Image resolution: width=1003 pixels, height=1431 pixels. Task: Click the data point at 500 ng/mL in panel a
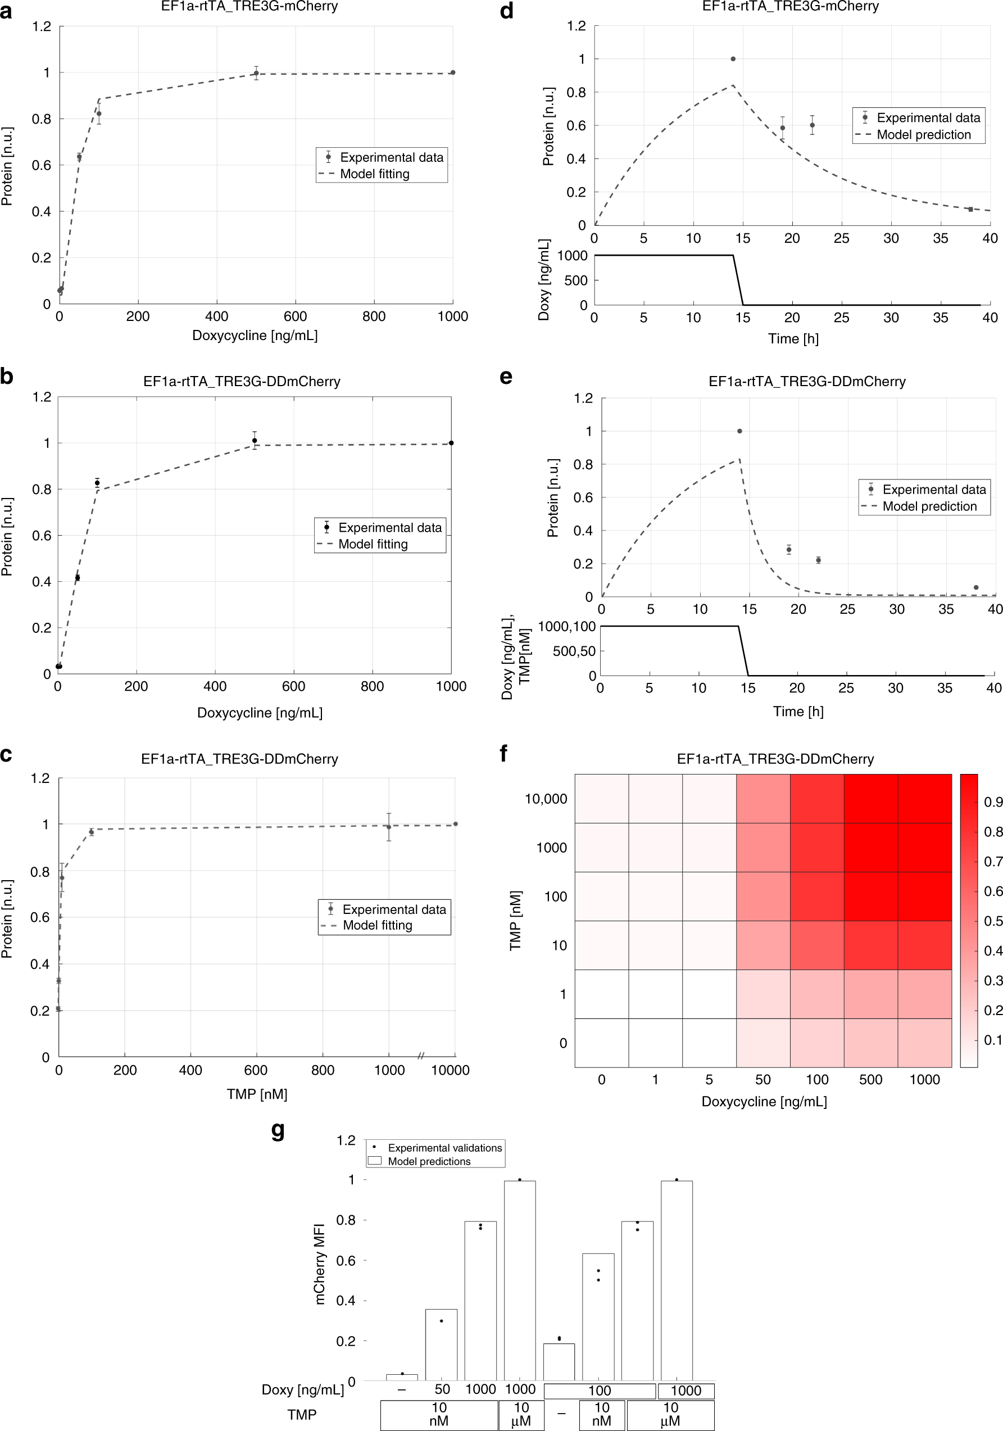coord(256,73)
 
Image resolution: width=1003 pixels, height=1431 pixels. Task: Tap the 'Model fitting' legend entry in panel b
coord(373,544)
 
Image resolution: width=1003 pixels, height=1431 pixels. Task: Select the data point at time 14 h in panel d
coord(733,59)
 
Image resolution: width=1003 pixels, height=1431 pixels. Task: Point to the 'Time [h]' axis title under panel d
coord(792,338)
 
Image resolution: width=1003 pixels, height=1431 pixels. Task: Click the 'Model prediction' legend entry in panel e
coord(929,506)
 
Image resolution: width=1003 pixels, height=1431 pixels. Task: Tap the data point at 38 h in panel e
coord(975,587)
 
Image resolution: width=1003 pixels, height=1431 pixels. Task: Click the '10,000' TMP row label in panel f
coord(546,799)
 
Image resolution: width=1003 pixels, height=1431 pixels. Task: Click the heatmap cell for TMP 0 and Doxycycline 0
coord(601,1043)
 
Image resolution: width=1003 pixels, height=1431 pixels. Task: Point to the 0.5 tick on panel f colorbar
coord(993,921)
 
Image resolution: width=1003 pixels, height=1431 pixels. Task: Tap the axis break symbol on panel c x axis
coord(420,1056)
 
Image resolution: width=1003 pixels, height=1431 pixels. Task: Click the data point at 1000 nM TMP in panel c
coord(389,827)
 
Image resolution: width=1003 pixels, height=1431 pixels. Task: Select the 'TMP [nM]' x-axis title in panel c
coord(257,1094)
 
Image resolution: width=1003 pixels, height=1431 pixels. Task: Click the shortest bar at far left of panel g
coord(402,1377)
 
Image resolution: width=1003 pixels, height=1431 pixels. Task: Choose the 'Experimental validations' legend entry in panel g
coord(444,1147)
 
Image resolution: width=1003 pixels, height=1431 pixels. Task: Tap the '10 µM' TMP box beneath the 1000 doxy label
coord(521,1414)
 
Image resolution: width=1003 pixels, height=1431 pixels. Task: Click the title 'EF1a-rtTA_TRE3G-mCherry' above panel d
coord(790,7)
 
